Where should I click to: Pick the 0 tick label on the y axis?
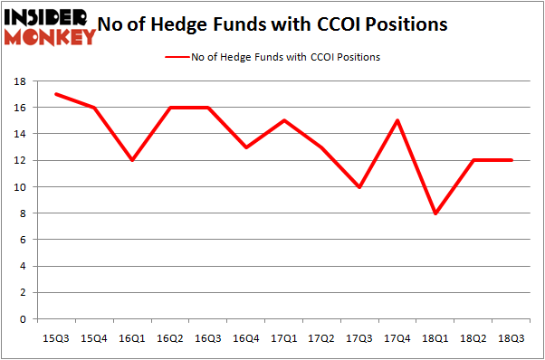(x=20, y=319)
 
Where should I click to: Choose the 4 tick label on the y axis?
(x=20, y=267)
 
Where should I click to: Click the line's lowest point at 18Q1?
(x=436, y=213)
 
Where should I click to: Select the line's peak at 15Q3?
(x=58, y=94)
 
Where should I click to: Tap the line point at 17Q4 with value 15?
(x=397, y=120)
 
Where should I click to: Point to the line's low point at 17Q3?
(x=359, y=187)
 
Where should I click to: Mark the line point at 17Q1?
(x=284, y=120)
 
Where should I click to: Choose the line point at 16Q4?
(x=246, y=147)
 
